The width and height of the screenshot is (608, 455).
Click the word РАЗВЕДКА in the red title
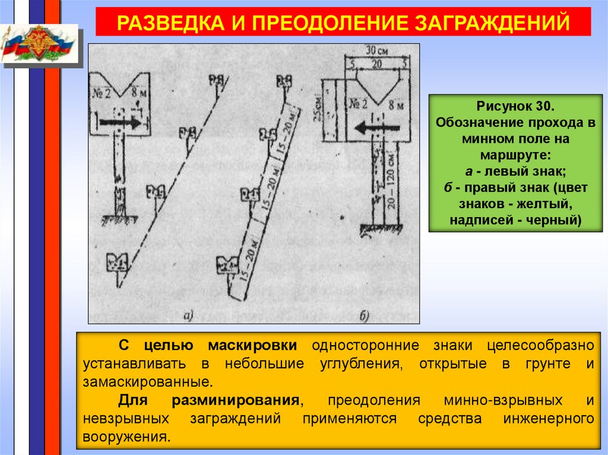160,23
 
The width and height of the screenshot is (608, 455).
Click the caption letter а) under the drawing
189,316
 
